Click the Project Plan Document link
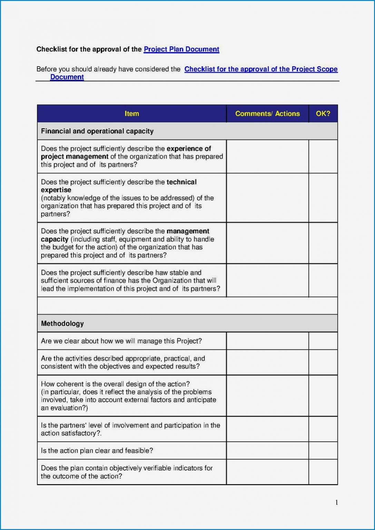(181, 49)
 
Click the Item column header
(132, 114)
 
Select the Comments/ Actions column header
(267, 114)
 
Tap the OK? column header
(323, 114)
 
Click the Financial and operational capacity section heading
(97, 131)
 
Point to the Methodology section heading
(62, 323)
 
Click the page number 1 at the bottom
(336, 502)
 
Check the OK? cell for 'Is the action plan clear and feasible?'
(323, 451)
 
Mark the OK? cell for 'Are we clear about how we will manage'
(323, 341)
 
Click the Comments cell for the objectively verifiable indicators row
(267, 472)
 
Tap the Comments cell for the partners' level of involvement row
(267, 429)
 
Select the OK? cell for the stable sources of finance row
(323, 281)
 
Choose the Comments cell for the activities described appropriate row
(267, 362)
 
